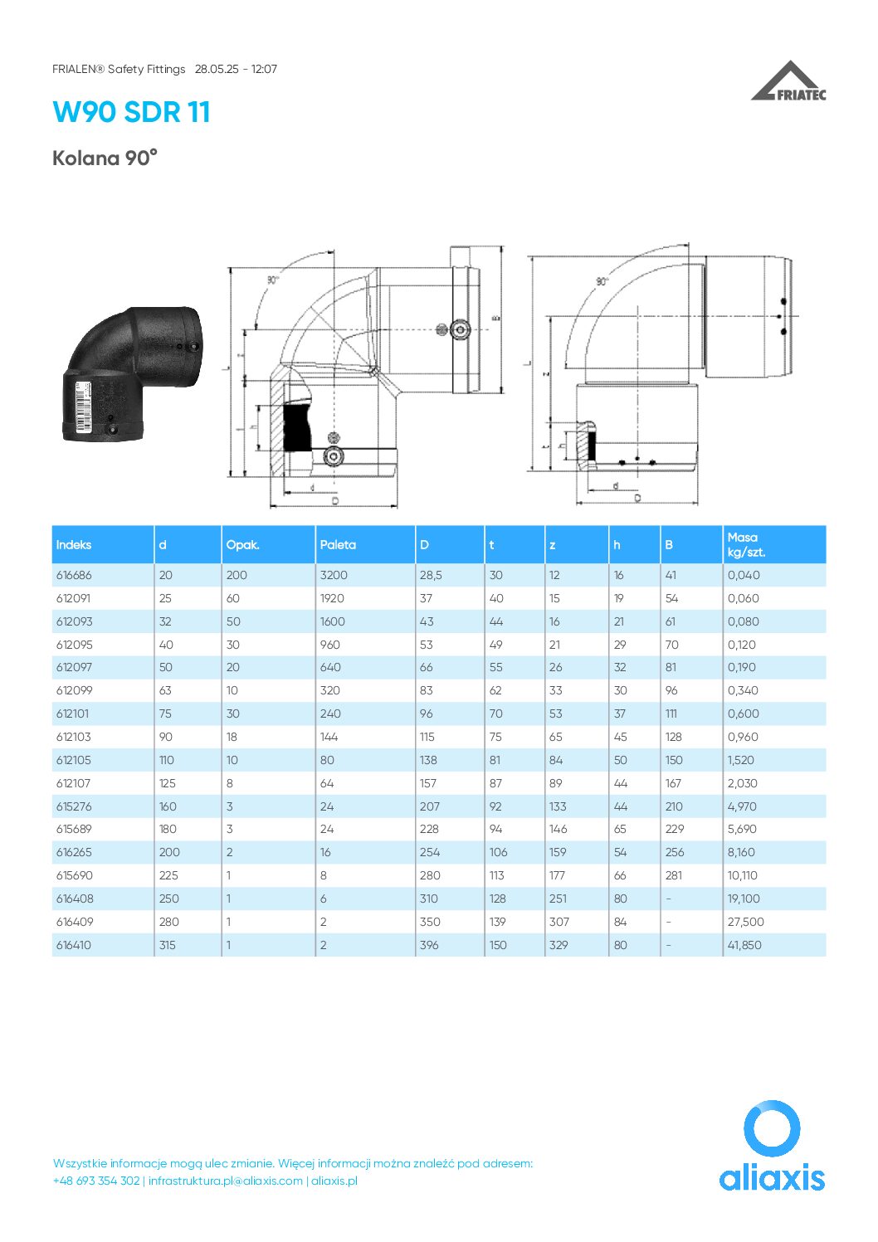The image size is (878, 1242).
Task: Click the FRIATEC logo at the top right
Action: (x=788, y=81)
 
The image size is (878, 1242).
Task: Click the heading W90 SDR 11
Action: (x=131, y=112)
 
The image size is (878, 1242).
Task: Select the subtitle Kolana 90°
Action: (x=105, y=158)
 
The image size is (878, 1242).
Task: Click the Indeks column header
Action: (x=74, y=545)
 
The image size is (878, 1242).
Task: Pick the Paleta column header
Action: (x=338, y=545)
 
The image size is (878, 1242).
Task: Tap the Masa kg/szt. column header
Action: (x=746, y=545)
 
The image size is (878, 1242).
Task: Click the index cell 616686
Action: (x=74, y=575)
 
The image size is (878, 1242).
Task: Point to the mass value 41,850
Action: (x=744, y=945)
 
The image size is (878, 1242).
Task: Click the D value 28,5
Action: (x=431, y=575)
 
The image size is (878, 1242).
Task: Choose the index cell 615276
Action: (x=74, y=806)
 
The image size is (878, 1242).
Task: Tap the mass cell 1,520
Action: (x=741, y=760)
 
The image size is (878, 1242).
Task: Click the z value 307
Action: (x=559, y=922)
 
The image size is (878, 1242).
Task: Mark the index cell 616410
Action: (x=74, y=945)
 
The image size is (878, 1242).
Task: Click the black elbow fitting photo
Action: (x=133, y=373)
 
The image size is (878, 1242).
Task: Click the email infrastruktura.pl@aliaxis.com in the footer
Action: (x=225, y=1181)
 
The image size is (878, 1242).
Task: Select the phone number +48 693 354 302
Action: (x=95, y=1181)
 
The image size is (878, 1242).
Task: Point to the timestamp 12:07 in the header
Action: (x=264, y=69)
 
